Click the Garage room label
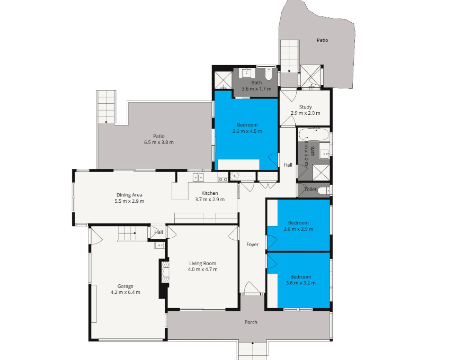[x=125, y=286]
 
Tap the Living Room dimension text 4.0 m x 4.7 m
[x=202, y=269]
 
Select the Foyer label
[x=253, y=245]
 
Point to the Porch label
[x=251, y=322]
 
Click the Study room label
[x=305, y=107]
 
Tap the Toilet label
[x=310, y=190]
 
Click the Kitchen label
[x=210, y=193]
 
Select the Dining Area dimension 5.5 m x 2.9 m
[x=129, y=201]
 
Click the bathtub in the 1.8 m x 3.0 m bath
[x=314, y=135]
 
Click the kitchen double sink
[x=198, y=177]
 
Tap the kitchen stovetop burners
[x=222, y=178]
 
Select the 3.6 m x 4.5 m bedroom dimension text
[x=247, y=131]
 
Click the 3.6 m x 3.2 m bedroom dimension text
[x=300, y=283]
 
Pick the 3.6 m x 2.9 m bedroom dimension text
[x=298, y=229]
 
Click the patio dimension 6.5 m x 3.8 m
[x=159, y=142]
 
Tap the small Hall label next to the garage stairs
[x=158, y=232]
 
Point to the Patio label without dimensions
[x=323, y=40]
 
